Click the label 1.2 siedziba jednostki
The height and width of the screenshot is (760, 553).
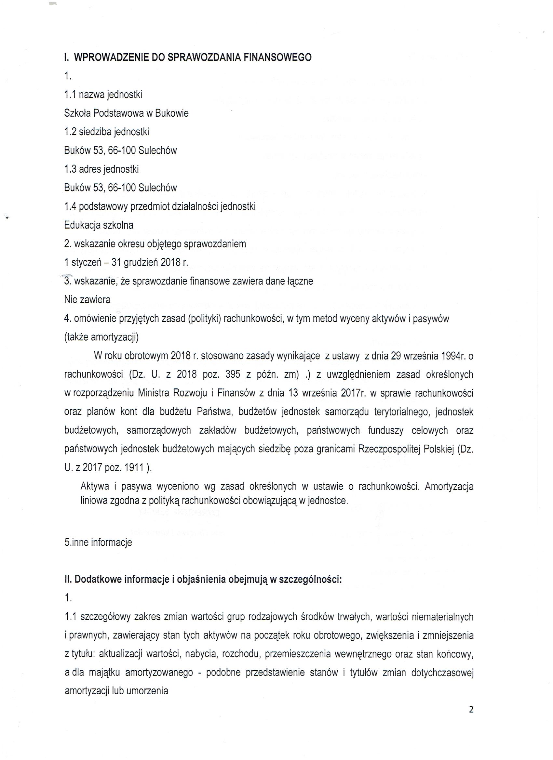[106, 132]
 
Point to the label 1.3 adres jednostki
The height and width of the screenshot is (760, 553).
[101, 169]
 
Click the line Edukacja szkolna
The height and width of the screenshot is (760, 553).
[99, 225]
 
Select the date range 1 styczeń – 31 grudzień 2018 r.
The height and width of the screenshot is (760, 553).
[126, 263]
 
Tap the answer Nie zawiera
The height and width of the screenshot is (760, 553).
[87, 300]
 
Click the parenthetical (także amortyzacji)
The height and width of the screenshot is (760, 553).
[101, 337]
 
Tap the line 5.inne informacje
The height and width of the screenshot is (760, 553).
[98, 542]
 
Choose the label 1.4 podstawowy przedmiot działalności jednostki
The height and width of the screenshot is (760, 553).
[160, 206]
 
